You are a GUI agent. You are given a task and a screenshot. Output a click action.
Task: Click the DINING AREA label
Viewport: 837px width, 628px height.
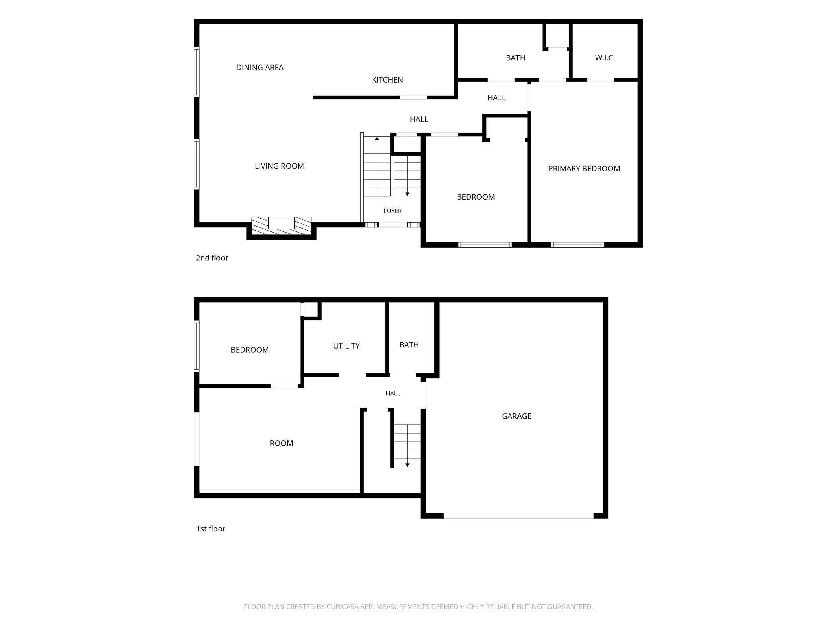[260, 68]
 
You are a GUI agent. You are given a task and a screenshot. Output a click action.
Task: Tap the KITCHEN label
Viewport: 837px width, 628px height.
[388, 80]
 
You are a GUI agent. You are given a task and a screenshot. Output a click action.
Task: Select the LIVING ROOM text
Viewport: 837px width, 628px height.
[279, 166]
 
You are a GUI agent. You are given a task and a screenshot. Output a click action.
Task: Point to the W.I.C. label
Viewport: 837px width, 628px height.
[605, 58]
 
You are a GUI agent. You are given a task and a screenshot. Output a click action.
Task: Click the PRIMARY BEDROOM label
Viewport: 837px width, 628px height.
[584, 169]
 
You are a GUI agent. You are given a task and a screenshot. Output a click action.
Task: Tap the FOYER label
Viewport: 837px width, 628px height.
[392, 211]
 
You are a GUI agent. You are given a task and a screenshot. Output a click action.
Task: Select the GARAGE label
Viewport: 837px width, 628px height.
[517, 416]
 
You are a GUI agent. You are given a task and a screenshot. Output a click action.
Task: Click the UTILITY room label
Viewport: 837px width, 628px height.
[346, 346]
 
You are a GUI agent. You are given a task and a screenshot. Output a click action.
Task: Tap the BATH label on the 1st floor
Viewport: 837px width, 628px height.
[409, 345]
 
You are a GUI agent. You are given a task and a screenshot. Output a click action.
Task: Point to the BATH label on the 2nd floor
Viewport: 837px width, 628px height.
[515, 58]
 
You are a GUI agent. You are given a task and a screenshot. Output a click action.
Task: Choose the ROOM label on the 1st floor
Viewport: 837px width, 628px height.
[281, 443]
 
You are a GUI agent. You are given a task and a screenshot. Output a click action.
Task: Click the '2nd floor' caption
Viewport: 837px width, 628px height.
[212, 258]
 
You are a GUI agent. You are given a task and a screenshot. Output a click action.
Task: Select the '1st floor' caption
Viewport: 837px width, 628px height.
[211, 529]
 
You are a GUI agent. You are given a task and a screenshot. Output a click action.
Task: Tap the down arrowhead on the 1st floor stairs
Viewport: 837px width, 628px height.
[407, 465]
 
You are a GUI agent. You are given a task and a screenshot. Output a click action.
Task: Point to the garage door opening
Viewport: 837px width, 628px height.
[518, 516]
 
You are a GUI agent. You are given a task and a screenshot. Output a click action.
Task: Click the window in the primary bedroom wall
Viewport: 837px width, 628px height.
[577, 245]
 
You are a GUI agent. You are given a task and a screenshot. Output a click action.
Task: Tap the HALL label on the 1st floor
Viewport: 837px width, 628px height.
[393, 393]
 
